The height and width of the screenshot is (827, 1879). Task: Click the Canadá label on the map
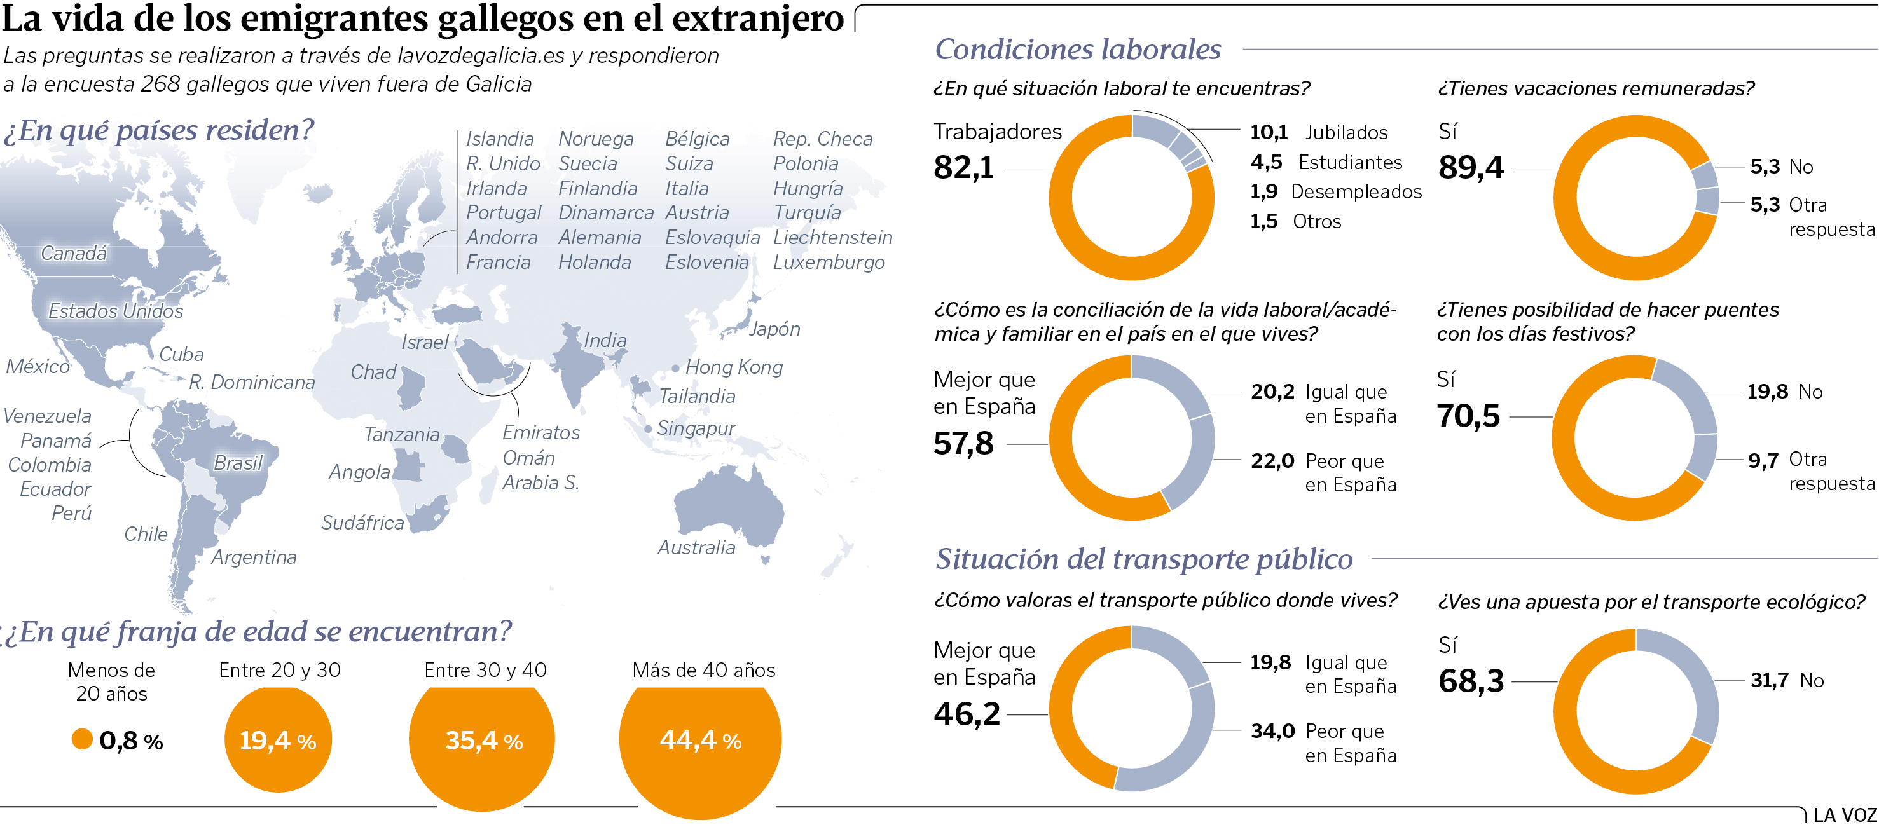coord(74,253)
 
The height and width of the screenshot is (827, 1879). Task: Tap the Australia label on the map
coord(697,548)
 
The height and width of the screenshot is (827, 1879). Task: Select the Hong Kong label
coord(734,367)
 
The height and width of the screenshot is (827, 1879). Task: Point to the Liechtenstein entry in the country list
coord(832,238)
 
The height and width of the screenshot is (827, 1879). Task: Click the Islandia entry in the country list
coord(500,139)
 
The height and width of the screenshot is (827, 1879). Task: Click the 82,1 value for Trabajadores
coord(963,168)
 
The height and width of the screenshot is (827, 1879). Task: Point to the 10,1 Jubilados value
coord(1269,132)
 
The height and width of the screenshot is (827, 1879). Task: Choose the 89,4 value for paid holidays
coord(1471,168)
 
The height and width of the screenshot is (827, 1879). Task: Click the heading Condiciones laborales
coord(1077,50)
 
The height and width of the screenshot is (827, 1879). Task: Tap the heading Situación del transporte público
coord(1144,559)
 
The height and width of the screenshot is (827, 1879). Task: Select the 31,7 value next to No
coord(1769,680)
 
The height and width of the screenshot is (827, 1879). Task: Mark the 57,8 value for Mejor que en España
coord(963,444)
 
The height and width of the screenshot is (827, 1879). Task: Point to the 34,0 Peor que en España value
coord(1273,731)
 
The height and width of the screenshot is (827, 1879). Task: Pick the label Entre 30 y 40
coord(485,670)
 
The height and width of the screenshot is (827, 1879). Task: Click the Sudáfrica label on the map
coord(362,523)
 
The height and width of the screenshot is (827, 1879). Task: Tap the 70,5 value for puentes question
coord(1468,416)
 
